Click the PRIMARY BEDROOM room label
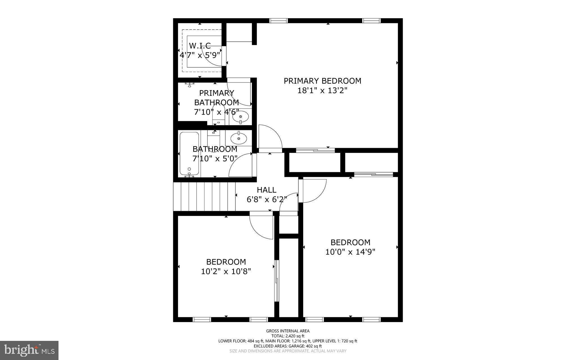coord(322,81)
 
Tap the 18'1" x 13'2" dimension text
coord(322,91)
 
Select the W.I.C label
coord(200,46)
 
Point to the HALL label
coord(266,190)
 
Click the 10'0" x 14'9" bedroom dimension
coord(350,252)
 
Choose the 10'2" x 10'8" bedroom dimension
coord(226,272)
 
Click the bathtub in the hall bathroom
coord(189,153)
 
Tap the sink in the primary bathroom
coord(240,116)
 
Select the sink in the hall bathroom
coord(238,138)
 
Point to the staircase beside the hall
coord(204,196)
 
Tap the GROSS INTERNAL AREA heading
coord(288,331)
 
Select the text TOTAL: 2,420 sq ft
coord(288,336)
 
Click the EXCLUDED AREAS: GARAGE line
coord(288,346)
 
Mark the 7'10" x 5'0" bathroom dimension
coord(215,159)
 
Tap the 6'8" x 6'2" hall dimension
coord(267,200)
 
